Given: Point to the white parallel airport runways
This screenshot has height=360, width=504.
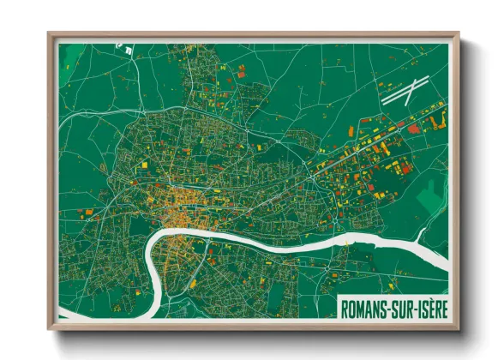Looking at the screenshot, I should pyautogui.click(x=403, y=92).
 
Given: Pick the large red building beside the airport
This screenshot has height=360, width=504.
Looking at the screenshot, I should pyautogui.click(x=415, y=128).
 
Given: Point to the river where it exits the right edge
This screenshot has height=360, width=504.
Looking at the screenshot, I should pyautogui.click(x=445, y=257).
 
